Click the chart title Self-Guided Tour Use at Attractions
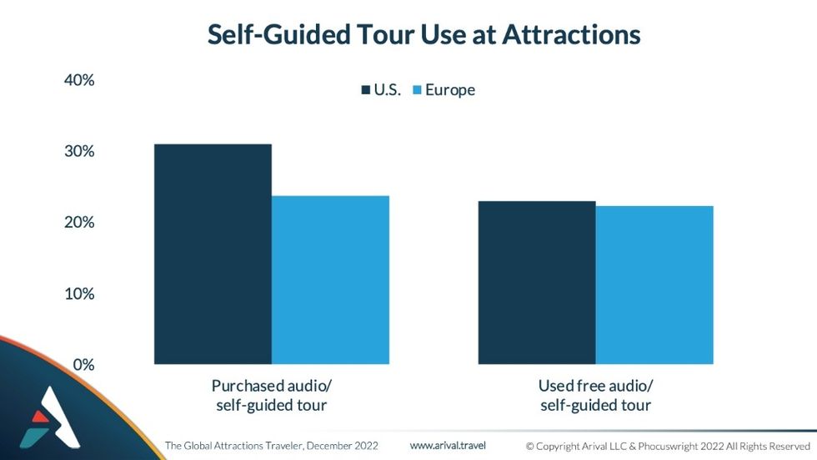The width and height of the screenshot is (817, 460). pos(424,34)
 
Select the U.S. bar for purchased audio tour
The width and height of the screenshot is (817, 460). pos(213,254)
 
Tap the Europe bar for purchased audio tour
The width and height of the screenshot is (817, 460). pos(330,280)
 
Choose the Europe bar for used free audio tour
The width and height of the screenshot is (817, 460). pos(654,285)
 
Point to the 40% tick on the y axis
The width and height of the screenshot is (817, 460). pos(79,81)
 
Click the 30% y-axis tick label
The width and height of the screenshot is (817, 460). pos(79,152)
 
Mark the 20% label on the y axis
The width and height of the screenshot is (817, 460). pos(79,223)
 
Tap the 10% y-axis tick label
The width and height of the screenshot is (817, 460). pos(79,294)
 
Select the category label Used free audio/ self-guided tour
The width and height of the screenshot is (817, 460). pos(595,396)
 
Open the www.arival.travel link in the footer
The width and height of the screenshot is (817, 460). pos(448,445)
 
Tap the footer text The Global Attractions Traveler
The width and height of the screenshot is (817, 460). pos(272,446)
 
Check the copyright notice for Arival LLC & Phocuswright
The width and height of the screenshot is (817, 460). pos(668,446)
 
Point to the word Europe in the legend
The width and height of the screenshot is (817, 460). pos(450,90)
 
